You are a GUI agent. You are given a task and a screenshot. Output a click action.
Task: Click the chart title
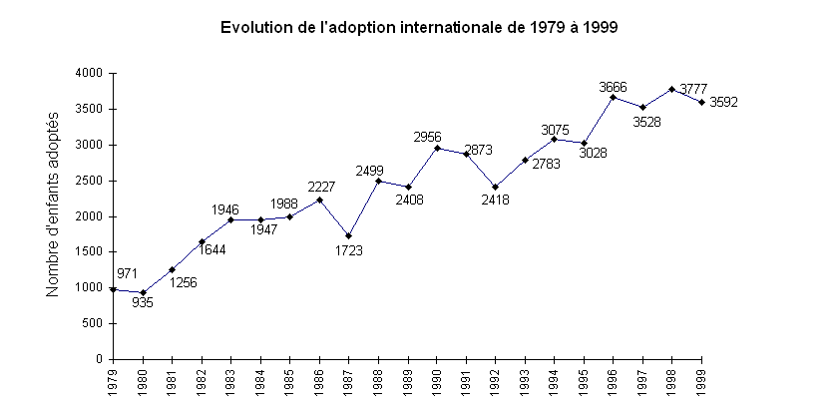pyautogui.click(x=419, y=28)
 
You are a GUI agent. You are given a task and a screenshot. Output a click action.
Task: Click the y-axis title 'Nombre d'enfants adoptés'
pyautogui.click(x=53, y=216)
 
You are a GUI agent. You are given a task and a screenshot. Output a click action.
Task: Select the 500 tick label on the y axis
pyautogui.click(x=95, y=323)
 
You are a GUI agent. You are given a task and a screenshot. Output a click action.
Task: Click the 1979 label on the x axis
pyautogui.click(x=114, y=380)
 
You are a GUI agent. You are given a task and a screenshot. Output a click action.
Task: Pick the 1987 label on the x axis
pyautogui.click(x=348, y=380)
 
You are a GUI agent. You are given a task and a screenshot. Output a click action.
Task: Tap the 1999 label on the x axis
pyautogui.click(x=701, y=380)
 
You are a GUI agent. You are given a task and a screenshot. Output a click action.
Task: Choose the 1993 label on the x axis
pyautogui.click(x=525, y=380)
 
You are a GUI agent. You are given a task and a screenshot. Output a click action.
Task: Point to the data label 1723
pyautogui.click(x=349, y=250)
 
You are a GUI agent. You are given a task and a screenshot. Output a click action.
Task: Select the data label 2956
pyautogui.click(x=427, y=137)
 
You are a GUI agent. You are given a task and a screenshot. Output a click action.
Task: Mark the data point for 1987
pyautogui.click(x=348, y=235)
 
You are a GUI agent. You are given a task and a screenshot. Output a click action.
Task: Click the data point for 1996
pyautogui.click(x=613, y=97)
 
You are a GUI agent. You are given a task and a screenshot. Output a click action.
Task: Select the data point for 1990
pyautogui.click(x=437, y=148)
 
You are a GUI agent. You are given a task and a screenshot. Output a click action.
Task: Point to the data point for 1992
pyautogui.click(x=496, y=187)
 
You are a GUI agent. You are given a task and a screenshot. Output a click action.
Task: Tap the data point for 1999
pyautogui.click(x=701, y=102)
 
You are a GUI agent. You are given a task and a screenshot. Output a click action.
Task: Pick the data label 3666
pyautogui.click(x=613, y=87)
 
